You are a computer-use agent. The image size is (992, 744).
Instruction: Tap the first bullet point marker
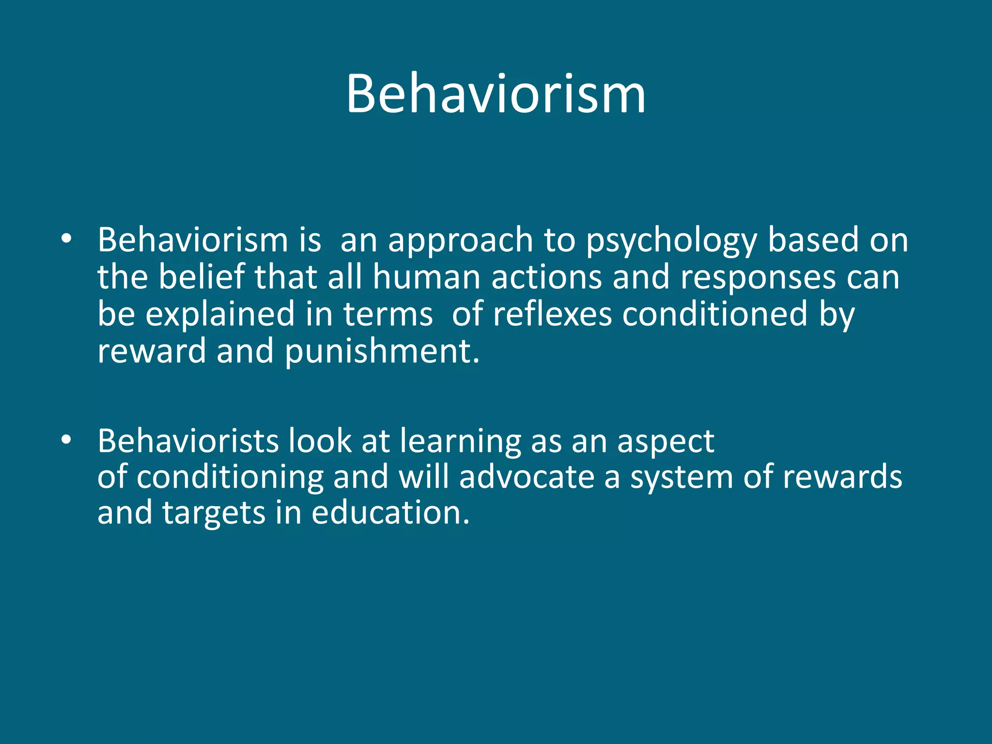click(66, 239)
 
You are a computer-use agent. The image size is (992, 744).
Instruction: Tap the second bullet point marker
click(66, 440)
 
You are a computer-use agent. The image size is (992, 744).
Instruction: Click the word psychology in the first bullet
click(671, 241)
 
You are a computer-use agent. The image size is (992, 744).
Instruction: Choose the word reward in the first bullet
click(152, 351)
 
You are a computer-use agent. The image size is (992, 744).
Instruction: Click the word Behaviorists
click(188, 441)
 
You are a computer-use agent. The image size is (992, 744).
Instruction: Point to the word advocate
click(527, 477)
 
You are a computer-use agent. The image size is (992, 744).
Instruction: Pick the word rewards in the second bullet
click(842, 477)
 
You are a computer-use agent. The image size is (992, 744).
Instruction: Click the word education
click(390, 512)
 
